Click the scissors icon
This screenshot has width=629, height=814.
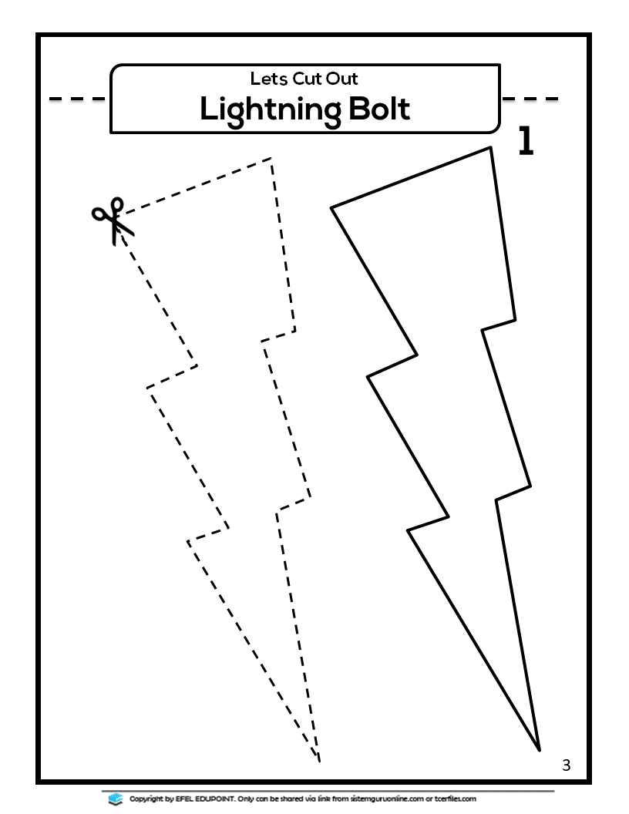point(113,220)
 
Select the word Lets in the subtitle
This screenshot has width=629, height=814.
point(269,79)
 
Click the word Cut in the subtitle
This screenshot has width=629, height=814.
point(308,79)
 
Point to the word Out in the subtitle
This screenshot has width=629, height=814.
point(342,79)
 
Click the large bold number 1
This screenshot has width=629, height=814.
point(526,141)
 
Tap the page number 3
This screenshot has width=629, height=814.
point(567,765)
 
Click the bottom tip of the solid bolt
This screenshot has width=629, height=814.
point(540,750)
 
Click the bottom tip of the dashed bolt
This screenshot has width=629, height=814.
point(319,762)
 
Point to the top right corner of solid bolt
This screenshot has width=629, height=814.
point(490,148)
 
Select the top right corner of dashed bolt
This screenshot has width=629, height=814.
point(271,158)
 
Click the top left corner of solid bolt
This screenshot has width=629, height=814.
point(332,207)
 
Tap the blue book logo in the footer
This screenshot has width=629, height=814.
point(115,799)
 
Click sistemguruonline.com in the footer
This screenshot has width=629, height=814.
point(387,799)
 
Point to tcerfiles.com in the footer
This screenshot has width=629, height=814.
point(455,799)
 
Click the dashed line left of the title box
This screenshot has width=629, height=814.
point(77,99)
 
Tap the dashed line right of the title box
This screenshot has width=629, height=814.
point(530,99)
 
